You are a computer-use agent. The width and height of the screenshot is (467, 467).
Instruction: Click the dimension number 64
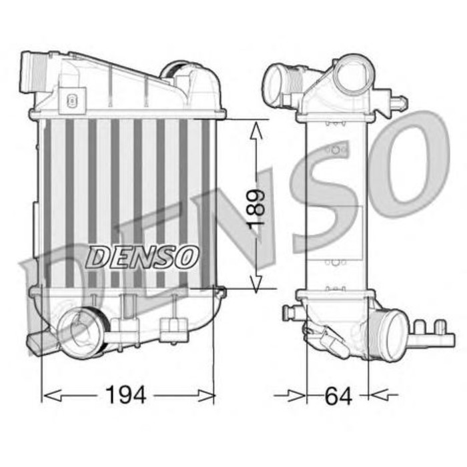pos(338,395)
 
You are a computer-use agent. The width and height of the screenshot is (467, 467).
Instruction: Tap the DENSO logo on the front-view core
pos(143,256)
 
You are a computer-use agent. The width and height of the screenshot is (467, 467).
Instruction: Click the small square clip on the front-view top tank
pos(71,100)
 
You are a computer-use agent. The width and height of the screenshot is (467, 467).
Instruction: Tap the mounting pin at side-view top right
pos(398,103)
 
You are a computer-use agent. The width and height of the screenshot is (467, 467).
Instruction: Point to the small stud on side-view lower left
pos(290,311)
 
